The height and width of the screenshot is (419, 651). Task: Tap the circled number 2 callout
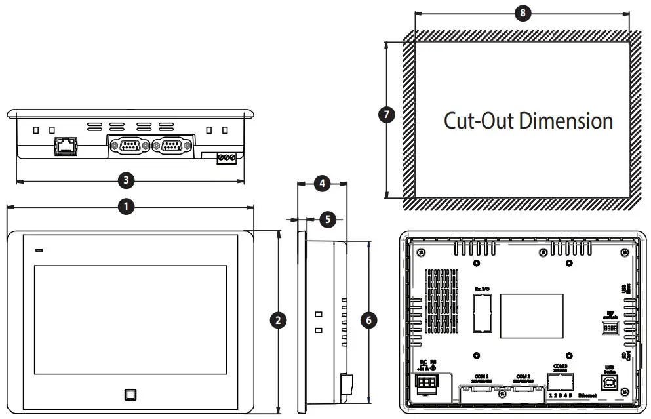pos(279,320)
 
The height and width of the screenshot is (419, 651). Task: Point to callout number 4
pos(321,184)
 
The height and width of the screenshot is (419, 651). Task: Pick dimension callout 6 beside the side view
pos(370,320)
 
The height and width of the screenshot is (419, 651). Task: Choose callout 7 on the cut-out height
pos(387,115)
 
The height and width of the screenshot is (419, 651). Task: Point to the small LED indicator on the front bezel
pos(39,250)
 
